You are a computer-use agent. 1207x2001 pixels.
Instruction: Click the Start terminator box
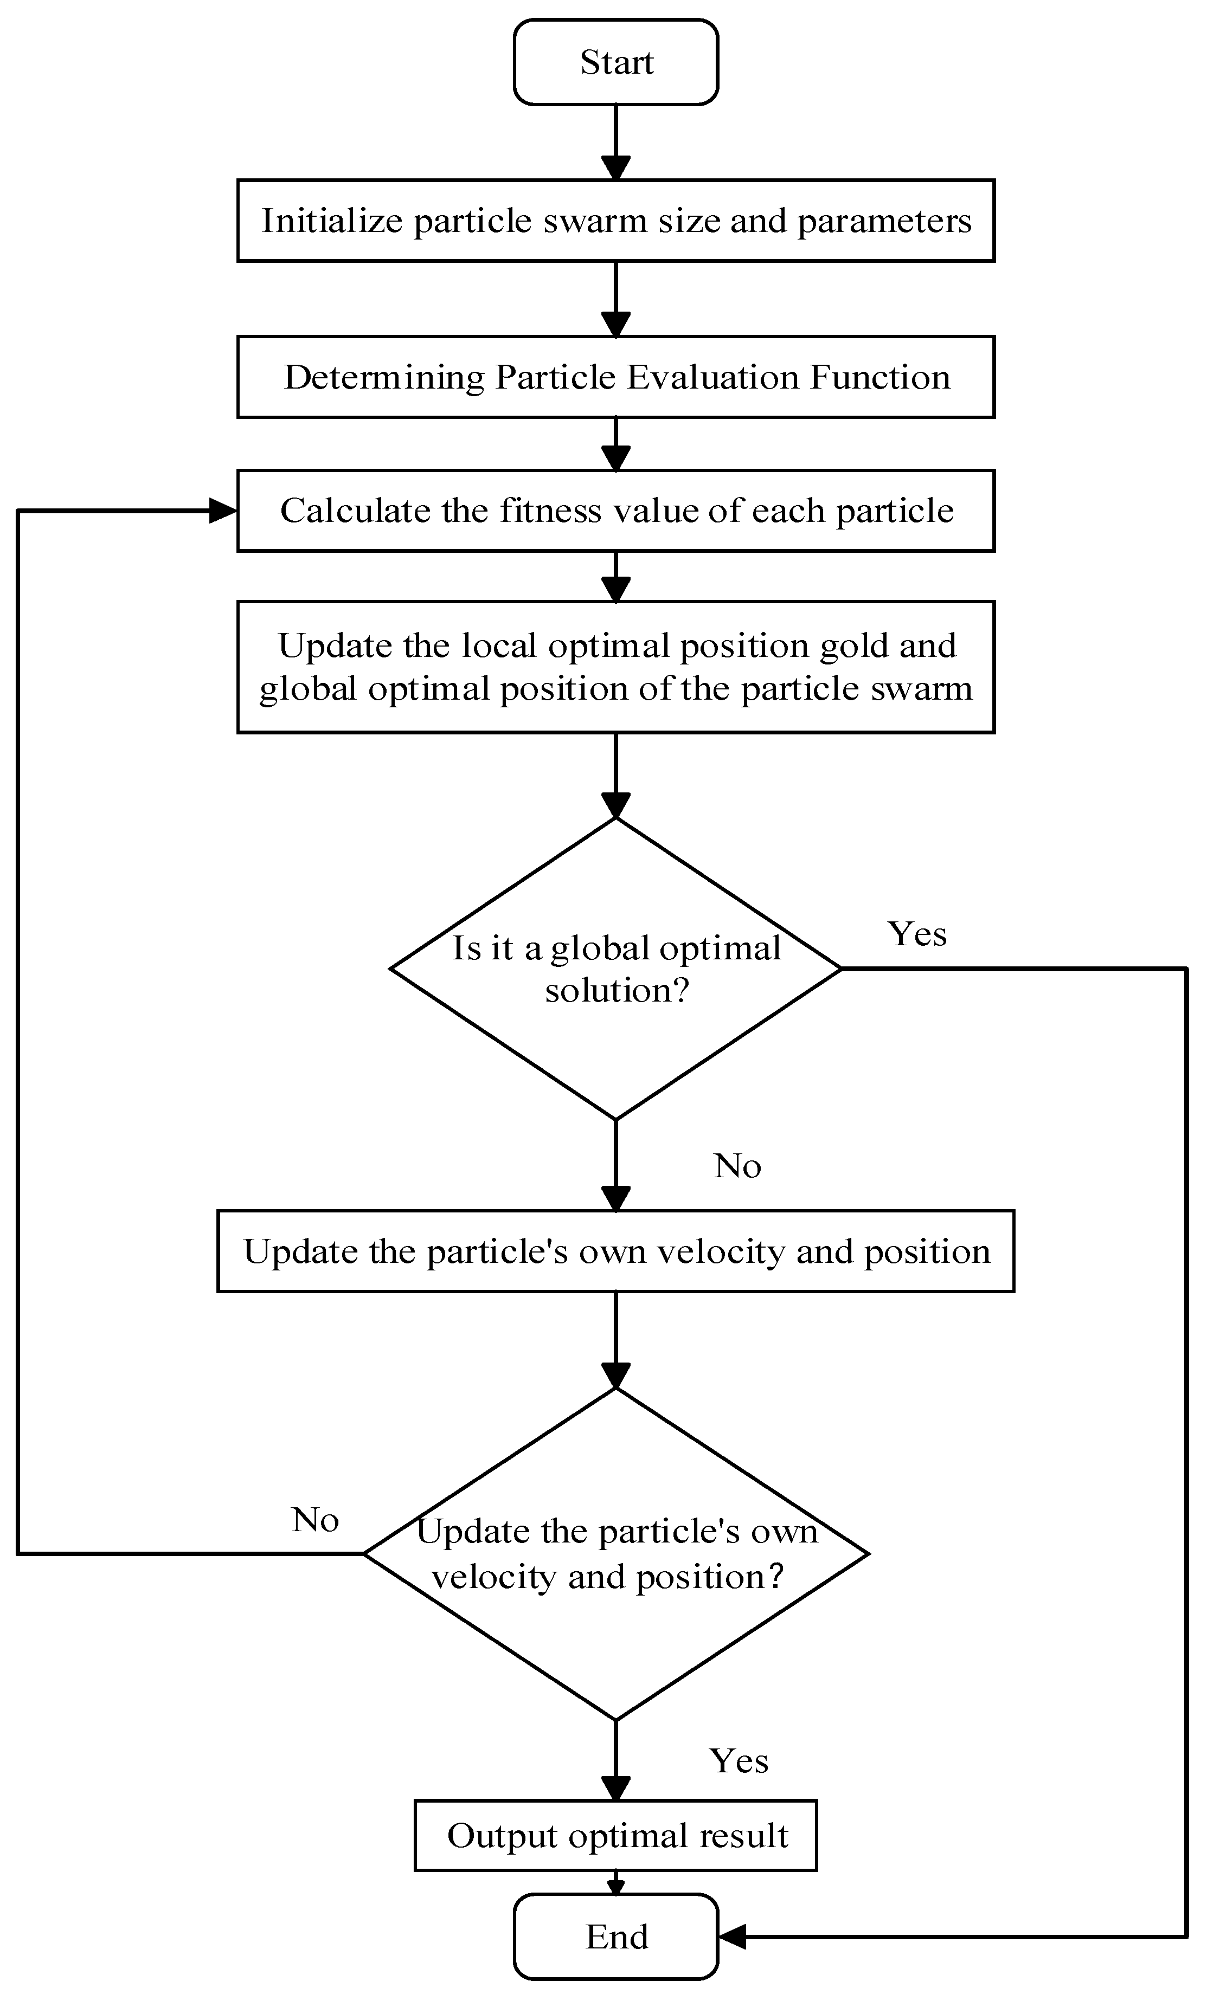(615, 62)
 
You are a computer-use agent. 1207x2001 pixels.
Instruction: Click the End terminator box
(615, 1937)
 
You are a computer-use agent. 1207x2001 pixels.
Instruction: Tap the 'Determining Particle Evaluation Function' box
(615, 377)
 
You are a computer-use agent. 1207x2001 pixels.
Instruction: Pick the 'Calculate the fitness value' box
(615, 511)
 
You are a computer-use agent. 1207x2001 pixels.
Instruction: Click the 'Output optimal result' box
(615, 1835)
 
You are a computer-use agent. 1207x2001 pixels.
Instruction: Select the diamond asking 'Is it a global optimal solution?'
(615, 968)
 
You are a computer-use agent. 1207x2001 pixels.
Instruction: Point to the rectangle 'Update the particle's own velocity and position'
(615, 1251)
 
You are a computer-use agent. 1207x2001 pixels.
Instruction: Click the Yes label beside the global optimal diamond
(917, 934)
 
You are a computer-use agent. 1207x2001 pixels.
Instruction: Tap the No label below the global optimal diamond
(737, 1166)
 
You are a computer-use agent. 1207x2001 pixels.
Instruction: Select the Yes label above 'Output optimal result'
(739, 1760)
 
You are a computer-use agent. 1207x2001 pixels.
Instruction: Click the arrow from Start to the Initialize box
(615, 142)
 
